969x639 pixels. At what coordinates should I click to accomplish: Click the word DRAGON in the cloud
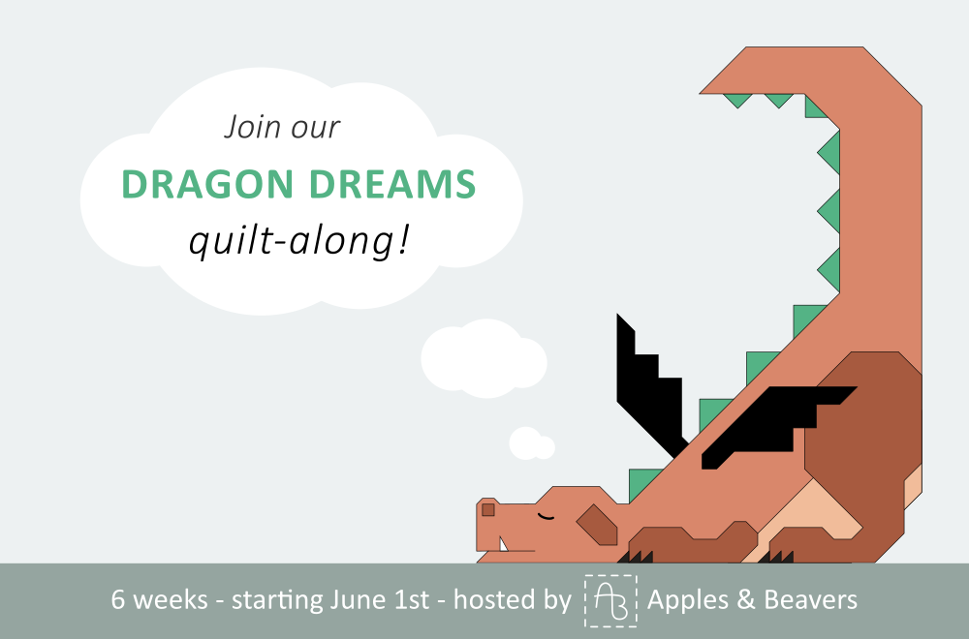point(207,184)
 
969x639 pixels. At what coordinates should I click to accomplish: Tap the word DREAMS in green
point(392,184)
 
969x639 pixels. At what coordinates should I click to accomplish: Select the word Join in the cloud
point(246,127)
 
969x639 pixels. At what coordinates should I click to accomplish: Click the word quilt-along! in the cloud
point(298,240)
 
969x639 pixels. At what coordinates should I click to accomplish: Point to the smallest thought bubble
point(531,443)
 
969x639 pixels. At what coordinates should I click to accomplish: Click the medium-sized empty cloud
point(484,358)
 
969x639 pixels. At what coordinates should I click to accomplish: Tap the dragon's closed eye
point(546,517)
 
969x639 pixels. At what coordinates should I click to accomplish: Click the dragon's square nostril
point(488,510)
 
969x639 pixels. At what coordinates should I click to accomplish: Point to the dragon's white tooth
point(503,544)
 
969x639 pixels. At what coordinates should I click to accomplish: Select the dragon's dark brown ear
point(597,525)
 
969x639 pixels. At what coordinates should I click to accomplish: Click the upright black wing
point(649,382)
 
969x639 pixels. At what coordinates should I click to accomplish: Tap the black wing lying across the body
point(779,426)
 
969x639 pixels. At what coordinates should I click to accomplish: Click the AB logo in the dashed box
point(610,600)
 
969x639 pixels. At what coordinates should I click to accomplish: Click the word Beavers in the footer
point(811,599)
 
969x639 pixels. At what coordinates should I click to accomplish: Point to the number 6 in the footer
point(117,600)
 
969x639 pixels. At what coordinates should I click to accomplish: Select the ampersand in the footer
point(746,600)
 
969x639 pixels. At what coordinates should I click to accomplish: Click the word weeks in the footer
point(170,600)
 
